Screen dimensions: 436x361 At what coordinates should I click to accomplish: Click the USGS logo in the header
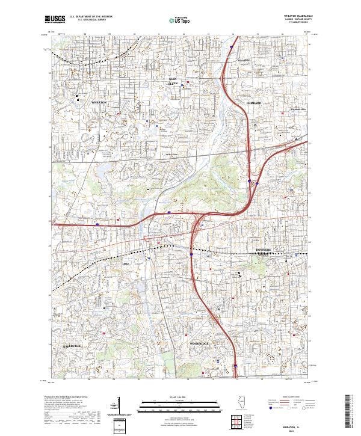tap(55, 20)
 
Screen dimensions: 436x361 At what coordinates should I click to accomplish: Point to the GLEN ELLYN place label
tap(173, 81)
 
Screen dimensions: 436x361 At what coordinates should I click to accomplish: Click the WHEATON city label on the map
tap(99, 103)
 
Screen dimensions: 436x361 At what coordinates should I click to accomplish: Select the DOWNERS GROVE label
tap(263, 250)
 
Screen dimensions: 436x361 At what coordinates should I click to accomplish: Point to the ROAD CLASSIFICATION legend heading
tap(289, 398)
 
